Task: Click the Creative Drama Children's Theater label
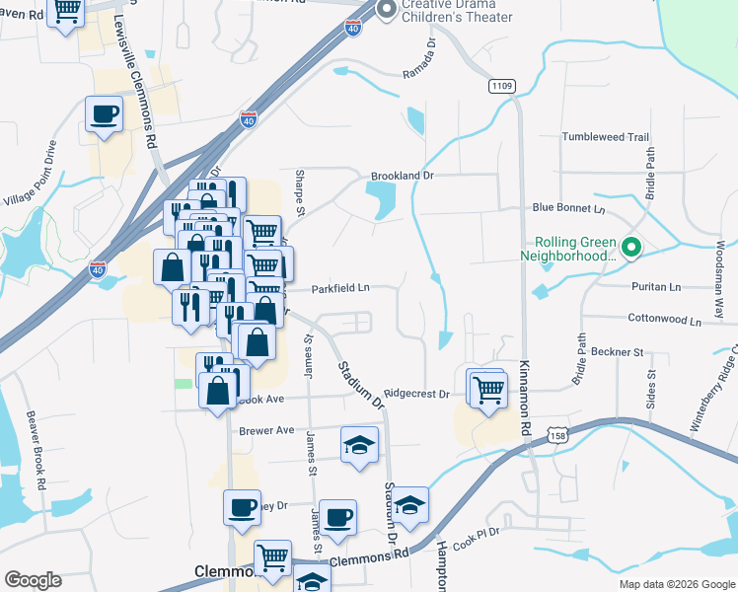(x=457, y=10)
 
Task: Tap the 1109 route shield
(x=500, y=87)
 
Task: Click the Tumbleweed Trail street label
(x=605, y=137)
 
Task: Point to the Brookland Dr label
(x=403, y=177)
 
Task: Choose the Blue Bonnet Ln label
(x=568, y=208)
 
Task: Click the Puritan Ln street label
(x=655, y=286)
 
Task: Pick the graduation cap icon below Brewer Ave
(x=360, y=445)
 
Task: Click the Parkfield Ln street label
(x=340, y=289)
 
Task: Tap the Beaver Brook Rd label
(x=37, y=450)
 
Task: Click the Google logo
(x=33, y=579)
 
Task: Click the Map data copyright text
(x=677, y=583)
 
